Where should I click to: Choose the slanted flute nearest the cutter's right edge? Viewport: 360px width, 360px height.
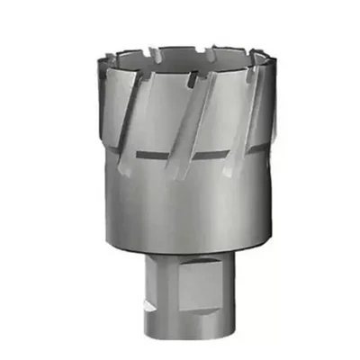click(251, 108)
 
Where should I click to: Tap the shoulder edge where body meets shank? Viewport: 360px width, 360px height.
click(180, 256)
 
